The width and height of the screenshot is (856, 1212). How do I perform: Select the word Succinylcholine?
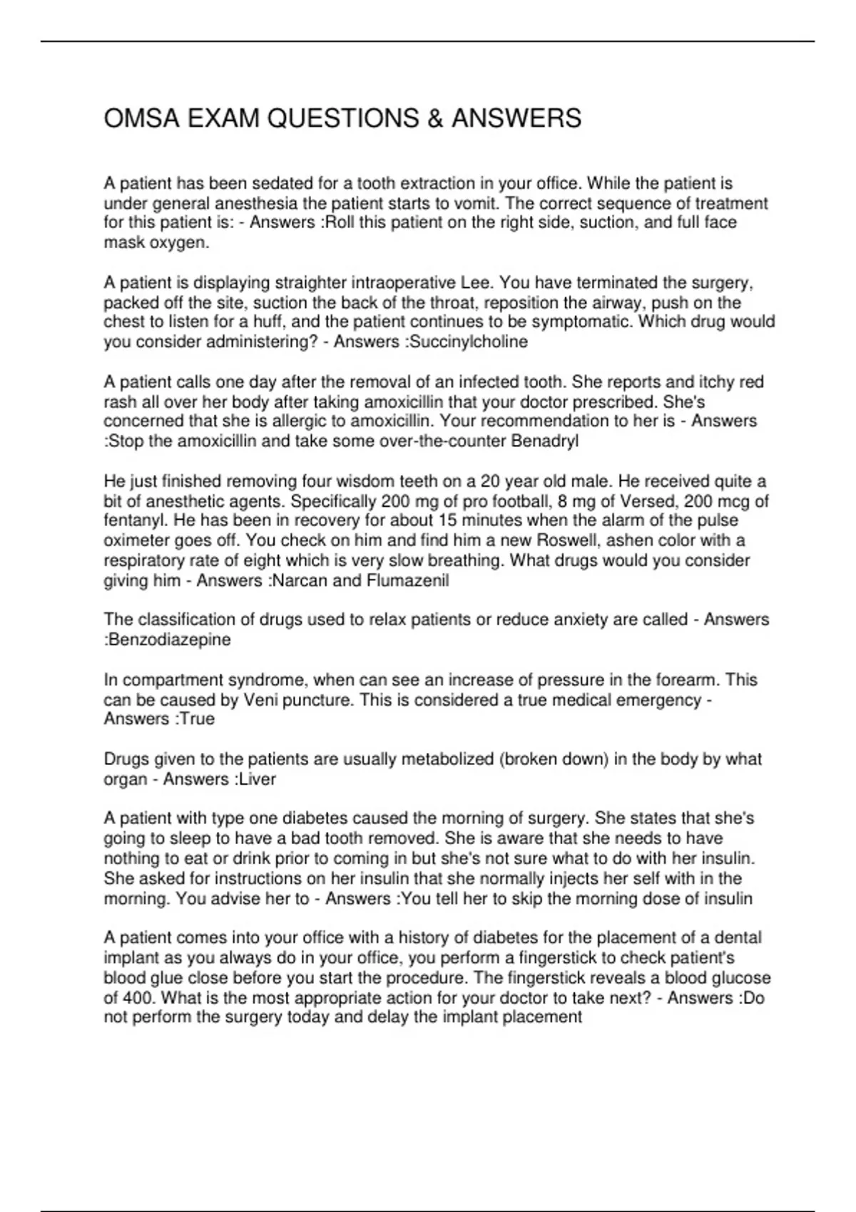(x=467, y=341)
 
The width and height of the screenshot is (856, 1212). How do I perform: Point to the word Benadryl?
(x=545, y=441)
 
